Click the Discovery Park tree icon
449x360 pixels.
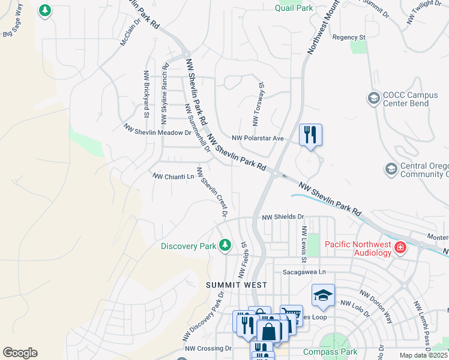(x=225, y=244)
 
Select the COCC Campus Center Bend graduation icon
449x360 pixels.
(x=373, y=98)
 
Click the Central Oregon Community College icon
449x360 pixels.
(x=391, y=170)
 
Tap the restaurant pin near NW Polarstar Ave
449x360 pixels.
(x=310, y=134)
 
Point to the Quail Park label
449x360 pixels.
(x=294, y=8)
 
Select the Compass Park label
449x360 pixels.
(x=330, y=352)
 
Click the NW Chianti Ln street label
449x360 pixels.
(x=173, y=176)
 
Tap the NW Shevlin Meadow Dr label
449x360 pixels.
(x=157, y=130)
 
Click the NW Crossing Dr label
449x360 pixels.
(x=208, y=348)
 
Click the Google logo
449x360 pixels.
(x=20, y=353)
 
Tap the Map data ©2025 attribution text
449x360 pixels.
(x=423, y=355)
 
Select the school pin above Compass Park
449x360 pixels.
(x=322, y=296)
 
